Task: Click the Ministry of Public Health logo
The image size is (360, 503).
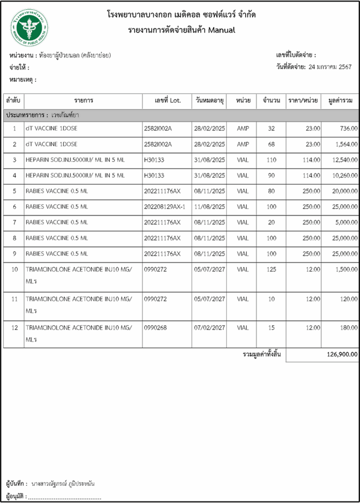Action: tap(29, 28)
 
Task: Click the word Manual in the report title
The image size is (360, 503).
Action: tap(221, 30)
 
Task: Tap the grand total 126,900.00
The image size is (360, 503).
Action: tap(342, 354)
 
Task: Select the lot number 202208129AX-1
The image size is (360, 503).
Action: tap(164, 207)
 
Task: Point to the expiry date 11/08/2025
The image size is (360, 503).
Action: tap(209, 207)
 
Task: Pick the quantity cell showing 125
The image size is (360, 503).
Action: tap(271, 269)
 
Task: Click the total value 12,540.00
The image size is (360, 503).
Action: tap(345, 160)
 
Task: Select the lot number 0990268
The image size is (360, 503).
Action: tap(155, 328)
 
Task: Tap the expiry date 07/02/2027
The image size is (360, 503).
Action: tap(209, 328)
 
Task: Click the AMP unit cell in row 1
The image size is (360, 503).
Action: tap(243, 128)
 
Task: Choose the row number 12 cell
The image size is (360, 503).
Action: tap(14, 328)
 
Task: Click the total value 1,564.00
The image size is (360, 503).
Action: tap(346, 144)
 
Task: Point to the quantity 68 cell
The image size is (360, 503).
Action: tap(271, 144)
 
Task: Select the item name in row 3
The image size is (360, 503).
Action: tap(75, 160)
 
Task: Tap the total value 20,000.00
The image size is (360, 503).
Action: tap(345, 191)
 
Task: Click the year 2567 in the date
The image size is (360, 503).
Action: tap(345, 67)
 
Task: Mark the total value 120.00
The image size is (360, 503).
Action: tap(349, 299)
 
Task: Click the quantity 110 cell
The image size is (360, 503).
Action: tap(271, 160)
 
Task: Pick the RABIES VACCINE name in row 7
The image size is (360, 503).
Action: tap(57, 222)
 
